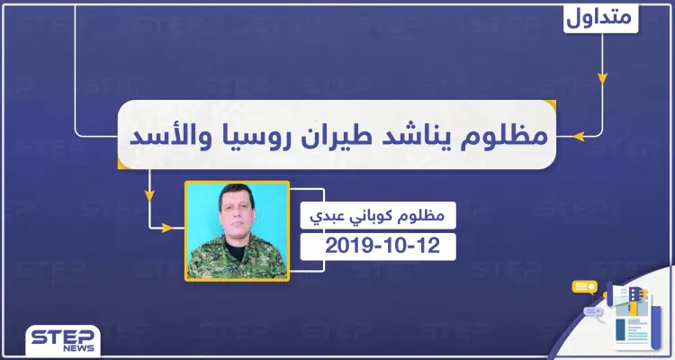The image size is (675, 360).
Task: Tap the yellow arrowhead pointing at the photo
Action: point(166,228)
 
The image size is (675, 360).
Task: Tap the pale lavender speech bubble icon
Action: point(594,312)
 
